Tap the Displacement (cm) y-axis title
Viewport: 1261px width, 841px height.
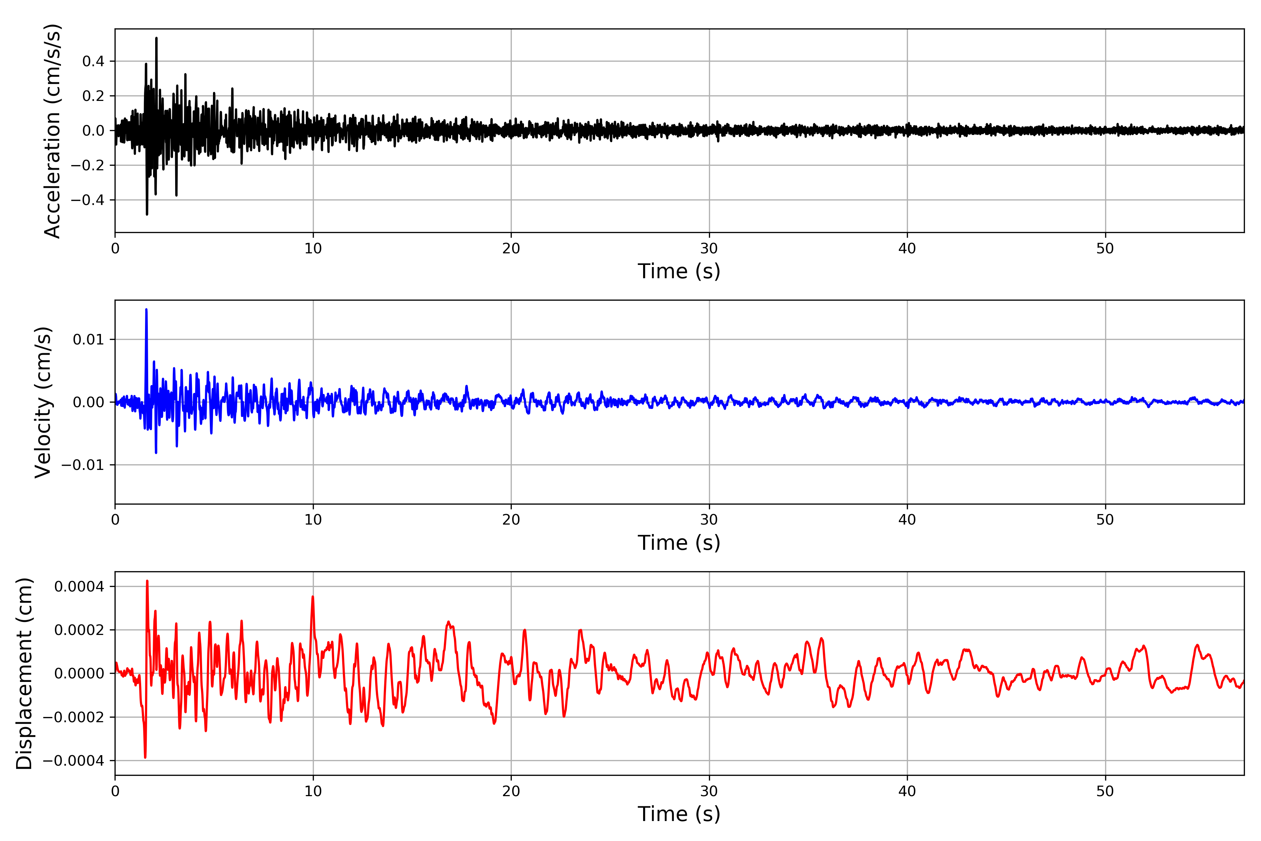[25, 673]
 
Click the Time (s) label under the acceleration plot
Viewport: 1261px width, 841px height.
[679, 271]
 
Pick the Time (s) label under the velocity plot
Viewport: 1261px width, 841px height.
[679, 543]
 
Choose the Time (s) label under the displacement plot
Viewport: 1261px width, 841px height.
[679, 814]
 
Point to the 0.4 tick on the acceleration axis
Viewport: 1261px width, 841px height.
[93, 61]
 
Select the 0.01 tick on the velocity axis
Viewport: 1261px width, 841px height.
[89, 340]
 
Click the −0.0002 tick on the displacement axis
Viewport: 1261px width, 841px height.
[74, 717]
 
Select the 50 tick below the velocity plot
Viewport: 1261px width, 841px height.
[1105, 520]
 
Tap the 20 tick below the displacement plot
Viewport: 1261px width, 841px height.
[511, 791]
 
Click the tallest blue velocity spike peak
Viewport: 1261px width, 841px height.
[146, 309]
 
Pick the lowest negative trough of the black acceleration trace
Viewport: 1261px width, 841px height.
[147, 214]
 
